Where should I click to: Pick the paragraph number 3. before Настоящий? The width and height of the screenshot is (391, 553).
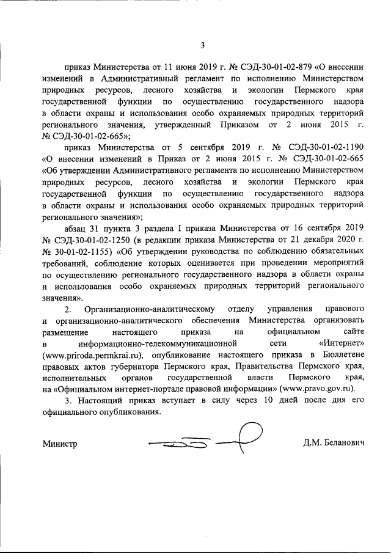(x=67, y=400)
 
